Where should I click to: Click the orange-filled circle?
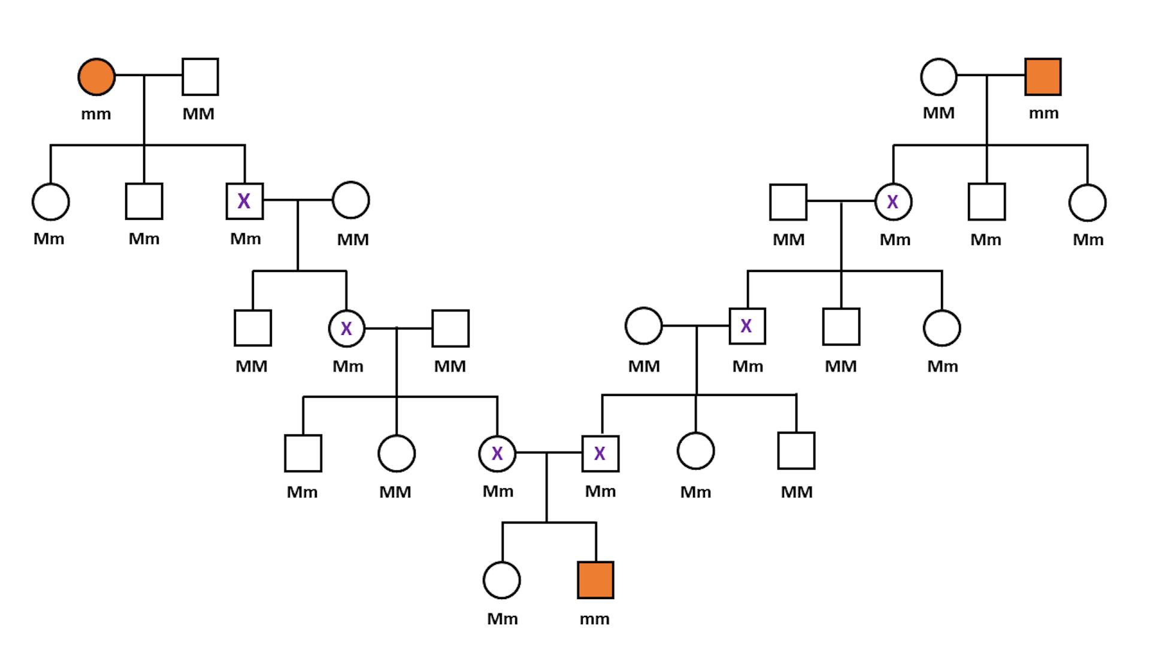[x=96, y=77]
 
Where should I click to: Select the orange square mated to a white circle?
[x=1043, y=77]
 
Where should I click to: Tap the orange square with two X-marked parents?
[x=595, y=580]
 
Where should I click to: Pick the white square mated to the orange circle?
[x=200, y=77]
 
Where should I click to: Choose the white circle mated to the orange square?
[x=939, y=77]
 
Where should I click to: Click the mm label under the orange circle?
[x=96, y=114]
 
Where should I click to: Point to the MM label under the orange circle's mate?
[x=198, y=114]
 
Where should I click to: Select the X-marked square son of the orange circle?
[x=244, y=201]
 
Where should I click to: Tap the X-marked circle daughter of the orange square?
[x=893, y=202]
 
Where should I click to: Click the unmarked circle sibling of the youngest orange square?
[x=501, y=580]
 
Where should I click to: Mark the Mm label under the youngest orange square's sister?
[x=502, y=619]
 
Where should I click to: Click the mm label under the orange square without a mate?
[x=594, y=619]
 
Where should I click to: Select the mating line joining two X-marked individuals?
[x=548, y=453]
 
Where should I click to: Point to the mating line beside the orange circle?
[x=148, y=75]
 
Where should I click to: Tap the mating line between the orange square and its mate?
[x=991, y=75]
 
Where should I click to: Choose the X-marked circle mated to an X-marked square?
[x=497, y=453]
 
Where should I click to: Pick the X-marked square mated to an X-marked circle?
[x=600, y=453]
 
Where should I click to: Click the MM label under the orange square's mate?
[x=939, y=113]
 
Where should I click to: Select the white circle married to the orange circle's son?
[x=351, y=200]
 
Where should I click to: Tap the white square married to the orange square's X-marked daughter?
[x=788, y=202]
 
